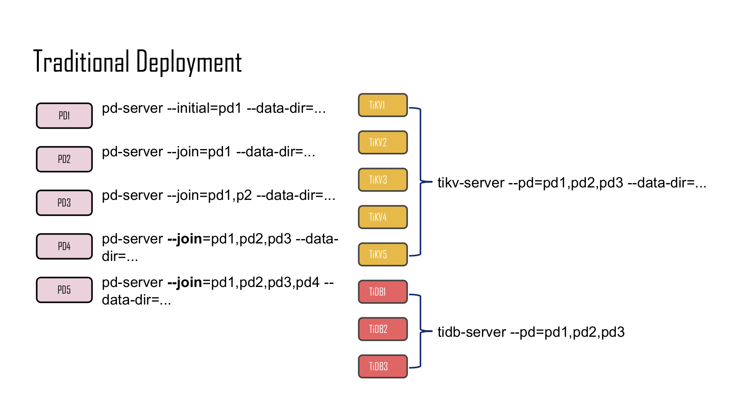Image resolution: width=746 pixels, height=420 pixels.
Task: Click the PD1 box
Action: (64, 115)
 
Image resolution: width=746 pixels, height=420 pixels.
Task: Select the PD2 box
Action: (64, 159)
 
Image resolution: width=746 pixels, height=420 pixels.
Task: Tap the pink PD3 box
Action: (64, 203)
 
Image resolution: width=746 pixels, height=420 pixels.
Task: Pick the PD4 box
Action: (64, 246)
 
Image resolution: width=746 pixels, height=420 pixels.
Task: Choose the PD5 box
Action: (64, 290)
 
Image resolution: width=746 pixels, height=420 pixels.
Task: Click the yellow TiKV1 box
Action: (383, 105)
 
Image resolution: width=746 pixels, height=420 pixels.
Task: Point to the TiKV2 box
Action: (383, 142)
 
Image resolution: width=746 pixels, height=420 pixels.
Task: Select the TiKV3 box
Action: (383, 180)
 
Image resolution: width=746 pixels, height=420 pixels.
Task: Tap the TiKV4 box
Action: (383, 217)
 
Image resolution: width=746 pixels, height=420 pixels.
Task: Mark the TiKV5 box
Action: (383, 254)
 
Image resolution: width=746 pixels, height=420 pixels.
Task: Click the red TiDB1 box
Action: (383, 292)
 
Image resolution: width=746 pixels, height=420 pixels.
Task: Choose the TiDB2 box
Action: (383, 329)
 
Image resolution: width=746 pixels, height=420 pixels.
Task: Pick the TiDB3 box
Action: (383, 366)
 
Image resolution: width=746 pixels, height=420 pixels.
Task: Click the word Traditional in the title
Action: (81, 61)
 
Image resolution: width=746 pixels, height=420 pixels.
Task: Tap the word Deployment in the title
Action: (189, 62)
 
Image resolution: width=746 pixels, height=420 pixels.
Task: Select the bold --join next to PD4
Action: (185, 239)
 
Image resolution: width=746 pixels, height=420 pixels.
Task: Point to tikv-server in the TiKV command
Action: (471, 183)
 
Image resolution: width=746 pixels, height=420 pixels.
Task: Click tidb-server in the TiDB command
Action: (471, 332)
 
